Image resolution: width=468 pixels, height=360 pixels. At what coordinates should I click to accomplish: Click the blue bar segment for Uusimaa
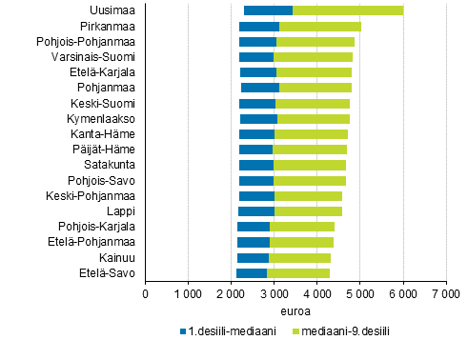coord(268,10)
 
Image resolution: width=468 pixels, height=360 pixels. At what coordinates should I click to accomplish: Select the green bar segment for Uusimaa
coord(347,10)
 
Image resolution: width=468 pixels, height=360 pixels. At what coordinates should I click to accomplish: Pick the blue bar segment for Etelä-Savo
coord(252,273)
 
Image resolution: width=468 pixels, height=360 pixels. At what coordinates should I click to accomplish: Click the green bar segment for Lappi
coord(308,211)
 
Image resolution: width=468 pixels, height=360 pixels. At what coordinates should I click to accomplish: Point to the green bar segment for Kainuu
coord(299,258)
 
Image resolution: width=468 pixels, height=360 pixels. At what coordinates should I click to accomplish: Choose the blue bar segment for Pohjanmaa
coord(260,88)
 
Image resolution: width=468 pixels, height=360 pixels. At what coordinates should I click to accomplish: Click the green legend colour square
coord(295,332)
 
